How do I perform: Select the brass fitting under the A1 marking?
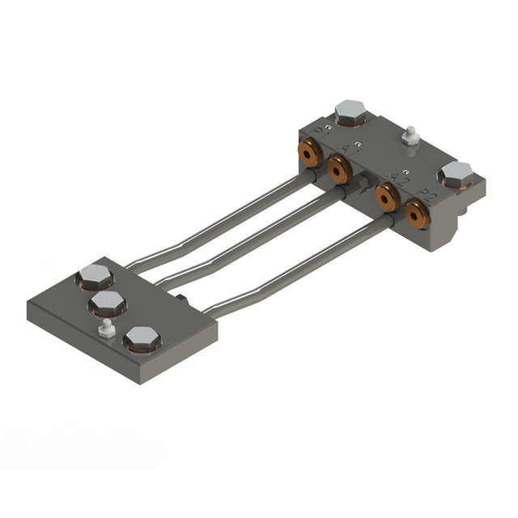click(x=339, y=169)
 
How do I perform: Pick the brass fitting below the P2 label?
click(x=418, y=213)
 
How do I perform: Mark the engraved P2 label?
click(x=428, y=193)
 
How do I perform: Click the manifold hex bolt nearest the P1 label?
click(x=350, y=113)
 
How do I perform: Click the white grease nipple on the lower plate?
click(x=104, y=328)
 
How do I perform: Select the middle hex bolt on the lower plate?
click(x=107, y=305)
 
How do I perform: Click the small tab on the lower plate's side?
click(x=185, y=300)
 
